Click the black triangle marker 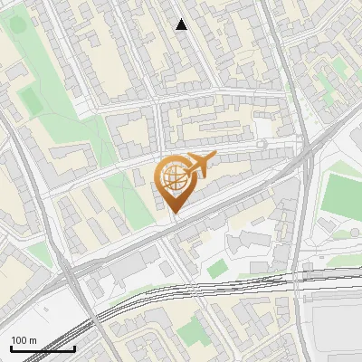click(x=182, y=24)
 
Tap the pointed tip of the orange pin click(x=175, y=214)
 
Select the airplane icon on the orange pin click(x=198, y=167)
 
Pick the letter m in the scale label click(x=33, y=340)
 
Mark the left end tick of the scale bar click(x=10, y=348)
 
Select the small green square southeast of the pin click(x=215, y=269)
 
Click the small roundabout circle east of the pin click(x=262, y=144)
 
